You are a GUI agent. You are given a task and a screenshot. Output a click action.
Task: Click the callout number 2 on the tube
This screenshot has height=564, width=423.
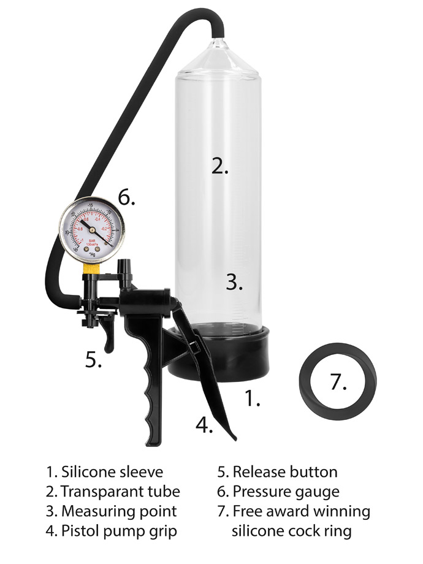[219, 166]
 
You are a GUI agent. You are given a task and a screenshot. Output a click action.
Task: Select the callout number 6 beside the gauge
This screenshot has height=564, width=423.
[126, 198]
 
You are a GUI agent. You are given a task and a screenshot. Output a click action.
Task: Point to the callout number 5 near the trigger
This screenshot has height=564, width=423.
[92, 360]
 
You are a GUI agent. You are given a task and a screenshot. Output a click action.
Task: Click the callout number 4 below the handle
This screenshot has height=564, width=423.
[204, 424]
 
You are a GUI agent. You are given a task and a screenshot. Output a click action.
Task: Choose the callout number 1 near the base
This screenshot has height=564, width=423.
[252, 398]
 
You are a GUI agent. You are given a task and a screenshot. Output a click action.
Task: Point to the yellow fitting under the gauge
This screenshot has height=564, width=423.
[91, 268]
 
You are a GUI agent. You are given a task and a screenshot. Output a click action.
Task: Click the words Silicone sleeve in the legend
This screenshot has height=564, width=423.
[112, 472]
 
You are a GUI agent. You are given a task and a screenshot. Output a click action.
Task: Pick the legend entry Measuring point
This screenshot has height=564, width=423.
[119, 511]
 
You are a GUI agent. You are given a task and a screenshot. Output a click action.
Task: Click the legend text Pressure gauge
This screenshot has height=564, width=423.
[286, 491]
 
